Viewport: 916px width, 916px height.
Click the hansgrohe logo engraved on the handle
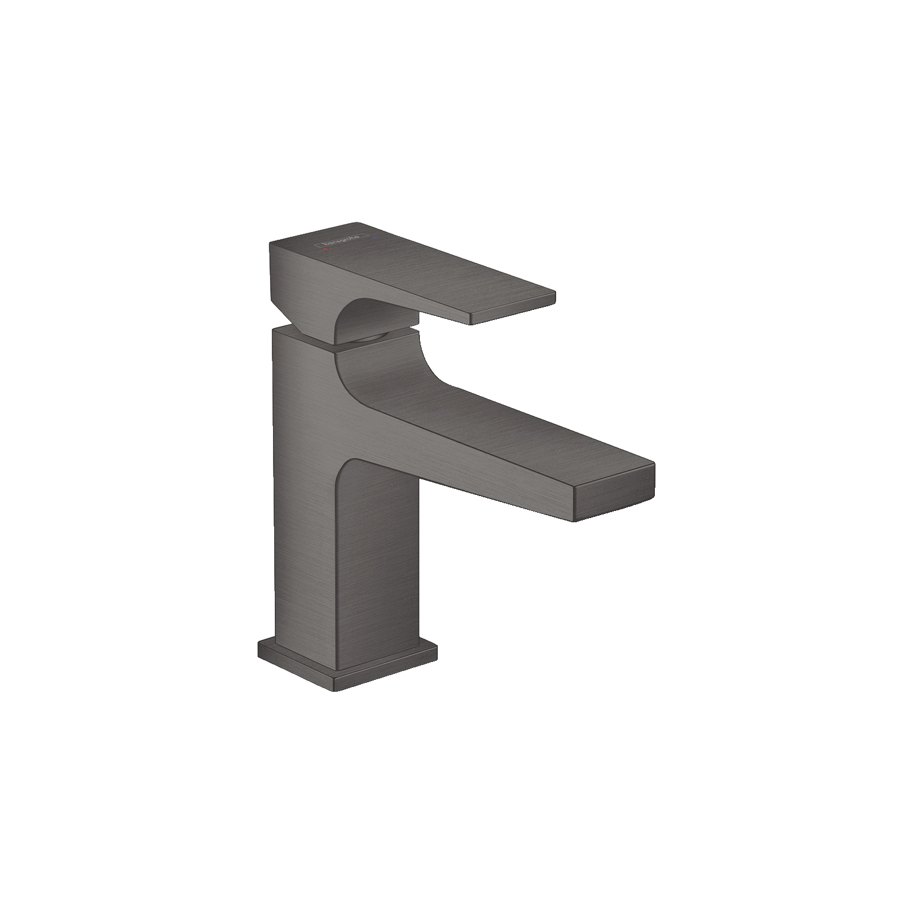341,241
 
